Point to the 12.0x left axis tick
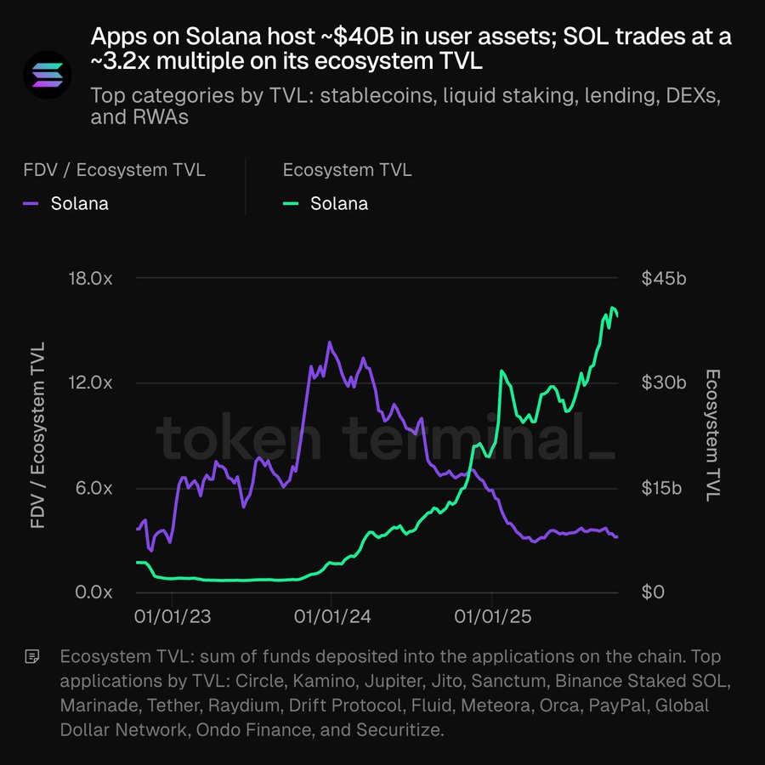pyautogui.click(x=91, y=383)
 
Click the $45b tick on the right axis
pyautogui.click(x=664, y=279)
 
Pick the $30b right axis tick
pyautogui.click(x=664, y=383)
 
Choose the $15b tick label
pyautogui.click(x=663, y=488)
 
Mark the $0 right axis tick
pyautogui.click(x=653, y=592)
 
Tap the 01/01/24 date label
pyautogui.click(x=331, y=617)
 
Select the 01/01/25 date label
pyautogui.click(x=493, y=617)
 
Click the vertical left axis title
pyautogui.click(x=38, y=436)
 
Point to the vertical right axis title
pyautogui.click(x=712, y=435)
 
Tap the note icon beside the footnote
pyautogui.click(x=32, y=656)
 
